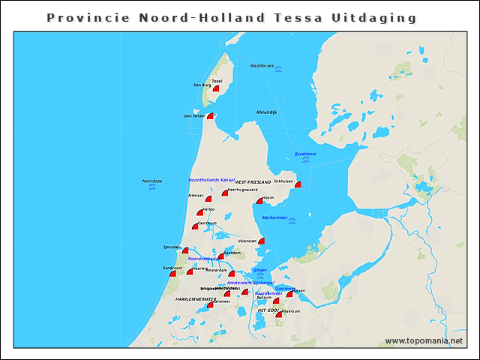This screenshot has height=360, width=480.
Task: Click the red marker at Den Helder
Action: point(211,116)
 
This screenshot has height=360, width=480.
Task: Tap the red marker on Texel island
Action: point(216,88)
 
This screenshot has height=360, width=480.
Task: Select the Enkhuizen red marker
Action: point(298,184)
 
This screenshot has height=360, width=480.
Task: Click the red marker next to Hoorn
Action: point(259,201)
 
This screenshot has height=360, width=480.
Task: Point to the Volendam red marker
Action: point(262,241)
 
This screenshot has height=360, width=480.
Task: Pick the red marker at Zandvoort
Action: point(173,274)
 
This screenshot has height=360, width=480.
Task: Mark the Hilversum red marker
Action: point(279,314)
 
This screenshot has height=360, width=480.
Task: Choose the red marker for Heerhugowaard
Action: point(224,193)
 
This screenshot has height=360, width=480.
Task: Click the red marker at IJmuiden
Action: point(185,250)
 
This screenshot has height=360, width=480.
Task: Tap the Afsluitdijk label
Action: point(266,112)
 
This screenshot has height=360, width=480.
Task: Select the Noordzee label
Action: point(152,181)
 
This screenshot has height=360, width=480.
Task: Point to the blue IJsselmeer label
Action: point(305,154)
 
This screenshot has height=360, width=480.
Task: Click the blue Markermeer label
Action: point(274,217)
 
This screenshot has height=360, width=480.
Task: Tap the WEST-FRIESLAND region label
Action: point(253,182)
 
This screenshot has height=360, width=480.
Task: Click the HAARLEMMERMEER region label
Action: point(194,299)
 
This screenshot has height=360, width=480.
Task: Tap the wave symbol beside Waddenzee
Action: point(278,69)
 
